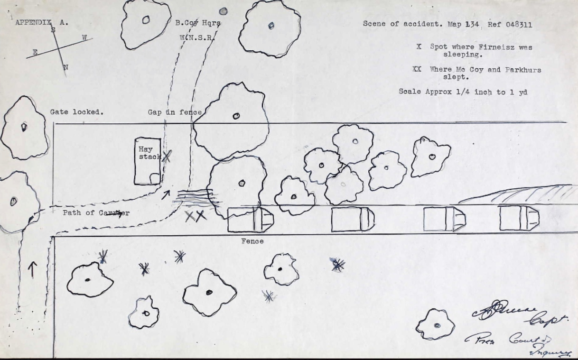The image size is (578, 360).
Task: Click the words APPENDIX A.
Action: tap(41, 22)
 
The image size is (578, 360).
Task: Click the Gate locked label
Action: tap(77, 112)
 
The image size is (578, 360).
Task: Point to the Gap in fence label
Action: tap(175, 112)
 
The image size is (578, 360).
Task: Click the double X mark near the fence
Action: tap(195, 216)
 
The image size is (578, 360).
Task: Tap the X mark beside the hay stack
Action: tap(166, 156)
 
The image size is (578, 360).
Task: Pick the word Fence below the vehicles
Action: tap(252, 241)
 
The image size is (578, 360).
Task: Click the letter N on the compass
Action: tap(65, 67)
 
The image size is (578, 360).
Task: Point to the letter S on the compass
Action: tap(53, 29)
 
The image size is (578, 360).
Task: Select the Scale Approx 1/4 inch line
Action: tap(463, 92)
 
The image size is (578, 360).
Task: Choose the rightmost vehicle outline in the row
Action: tap(519, 218)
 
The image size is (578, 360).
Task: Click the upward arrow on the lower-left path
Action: tap(32, 268)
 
